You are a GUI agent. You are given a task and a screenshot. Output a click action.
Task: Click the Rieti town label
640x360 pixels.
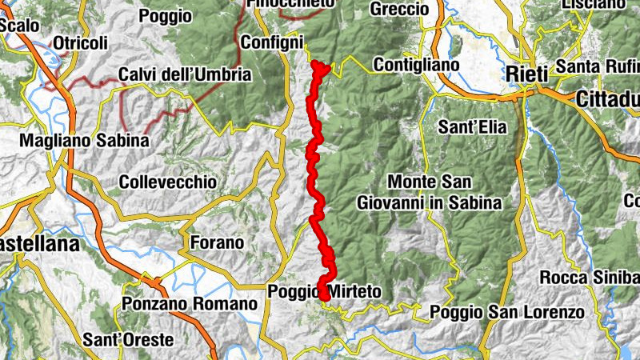point(526,74)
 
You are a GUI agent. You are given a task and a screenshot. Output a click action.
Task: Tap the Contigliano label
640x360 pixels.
point(416,64)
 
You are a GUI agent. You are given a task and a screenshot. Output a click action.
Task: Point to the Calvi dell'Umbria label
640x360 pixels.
point(185,75)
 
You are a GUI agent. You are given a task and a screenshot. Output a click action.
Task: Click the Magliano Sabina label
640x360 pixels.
point(85,140)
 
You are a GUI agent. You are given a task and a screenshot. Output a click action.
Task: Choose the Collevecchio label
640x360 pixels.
point(167,182)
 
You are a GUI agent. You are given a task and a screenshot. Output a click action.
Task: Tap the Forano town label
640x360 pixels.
point(217,242)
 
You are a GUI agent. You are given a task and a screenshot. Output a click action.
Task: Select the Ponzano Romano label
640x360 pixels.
point(190,304)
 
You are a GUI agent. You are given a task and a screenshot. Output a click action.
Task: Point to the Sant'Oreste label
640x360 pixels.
point(128,340)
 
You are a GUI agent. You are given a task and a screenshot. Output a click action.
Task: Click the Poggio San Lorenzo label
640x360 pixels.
point(506,312)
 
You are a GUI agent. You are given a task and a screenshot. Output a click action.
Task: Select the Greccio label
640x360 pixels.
point(400,10)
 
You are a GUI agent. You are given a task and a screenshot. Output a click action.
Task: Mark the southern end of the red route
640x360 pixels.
point(326,298)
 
